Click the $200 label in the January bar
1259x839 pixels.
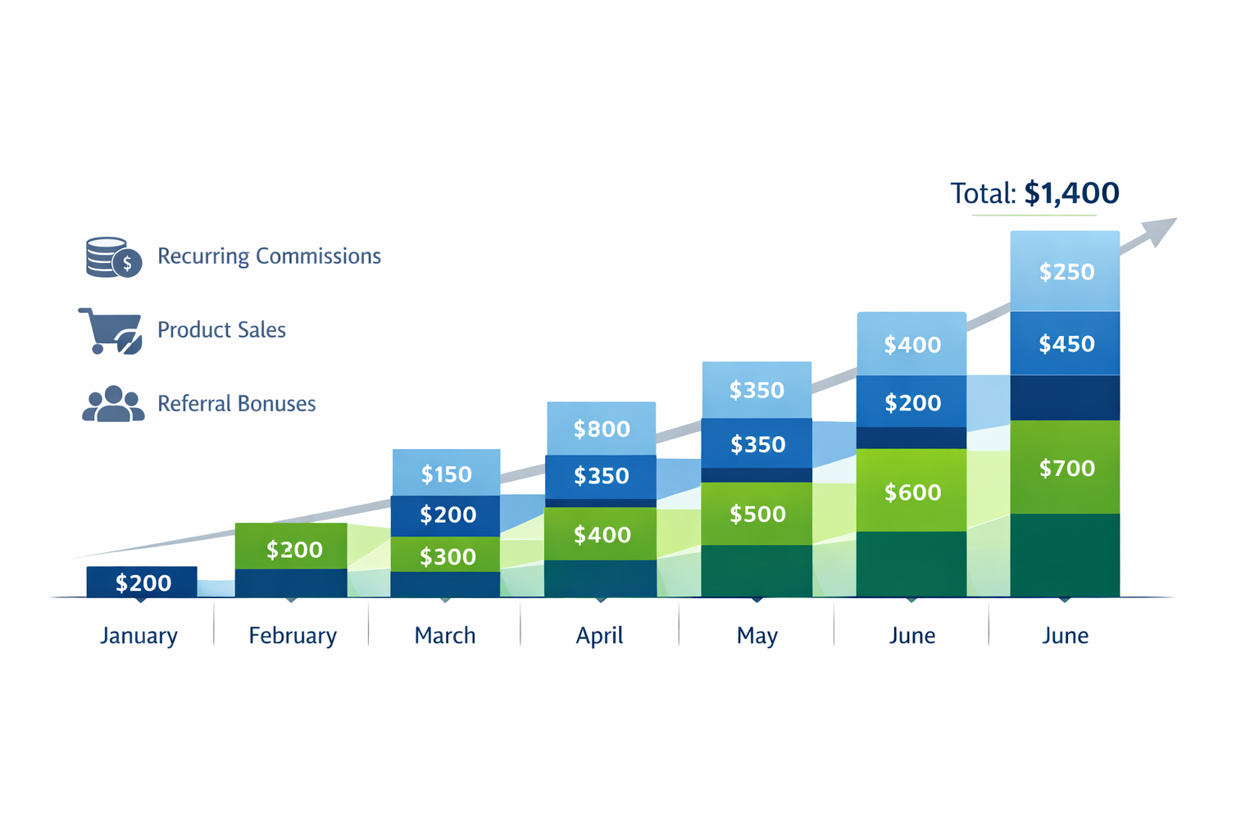click(143, 583)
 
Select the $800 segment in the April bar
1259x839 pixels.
click(602, 429)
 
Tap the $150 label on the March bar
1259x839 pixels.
click(447, 474)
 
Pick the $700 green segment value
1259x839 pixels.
click(1066, 468)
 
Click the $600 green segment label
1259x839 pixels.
click(912, 492)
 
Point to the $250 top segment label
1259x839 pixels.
click(1066, 271)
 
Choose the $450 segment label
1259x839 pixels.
click(1066, 343)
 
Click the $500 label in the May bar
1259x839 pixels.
click(757, 514)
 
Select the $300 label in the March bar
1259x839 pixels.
click(448, 557)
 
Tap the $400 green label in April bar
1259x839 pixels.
click(602, 535)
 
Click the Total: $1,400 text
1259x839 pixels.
click(1034, 193)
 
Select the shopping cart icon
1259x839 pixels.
click(111, 331)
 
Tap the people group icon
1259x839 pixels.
click(113, 404)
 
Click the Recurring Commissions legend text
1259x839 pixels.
click(269, 256)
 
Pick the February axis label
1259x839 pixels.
click(293, 636)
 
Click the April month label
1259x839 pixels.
click(599, 636)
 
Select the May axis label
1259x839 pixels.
click(757, 636)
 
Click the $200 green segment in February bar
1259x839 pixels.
click(293, 549)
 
